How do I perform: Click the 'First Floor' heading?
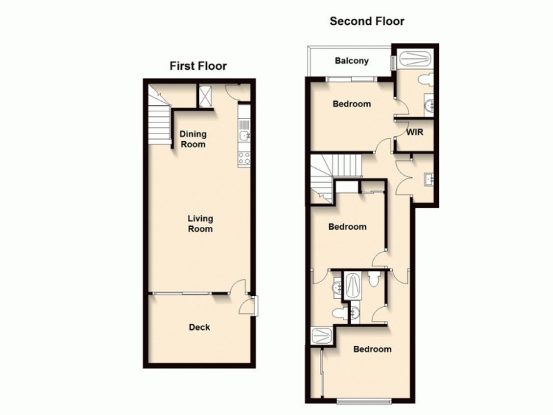(198, 66)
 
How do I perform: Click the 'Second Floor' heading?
(366, 21)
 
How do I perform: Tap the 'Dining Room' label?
(193, 139)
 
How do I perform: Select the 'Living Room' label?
(200, 223)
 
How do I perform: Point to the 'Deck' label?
(200, 327)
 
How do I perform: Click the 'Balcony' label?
(351, 61)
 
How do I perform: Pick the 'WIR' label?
(415, 131)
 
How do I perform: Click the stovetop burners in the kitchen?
(244, 157)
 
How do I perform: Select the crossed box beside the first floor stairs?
(206, 95)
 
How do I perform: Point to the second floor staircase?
(333, 173)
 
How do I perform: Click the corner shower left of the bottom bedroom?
(322, 336)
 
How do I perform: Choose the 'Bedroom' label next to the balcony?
(351, 104)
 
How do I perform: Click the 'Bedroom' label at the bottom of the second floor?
(372, 349)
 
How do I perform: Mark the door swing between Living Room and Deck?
(238, 288)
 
